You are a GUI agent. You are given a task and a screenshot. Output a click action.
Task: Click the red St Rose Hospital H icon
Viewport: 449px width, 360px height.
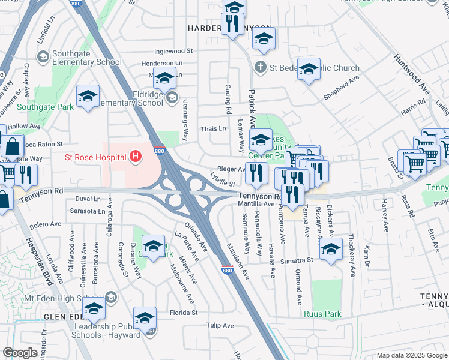click(x=136, y=158)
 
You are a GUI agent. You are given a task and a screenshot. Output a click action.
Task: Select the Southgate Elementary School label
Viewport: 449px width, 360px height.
click(x=87, y=58)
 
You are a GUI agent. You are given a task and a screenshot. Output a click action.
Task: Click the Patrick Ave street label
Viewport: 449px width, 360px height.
click(x=252, y=109)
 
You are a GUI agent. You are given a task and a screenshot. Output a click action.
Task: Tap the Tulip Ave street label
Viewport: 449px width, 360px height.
click(x=220, y=326)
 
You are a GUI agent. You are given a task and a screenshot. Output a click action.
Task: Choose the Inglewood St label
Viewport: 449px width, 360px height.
click(x=173, y=52)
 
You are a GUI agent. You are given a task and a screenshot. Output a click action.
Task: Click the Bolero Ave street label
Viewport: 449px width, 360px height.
click(x=46, y=224)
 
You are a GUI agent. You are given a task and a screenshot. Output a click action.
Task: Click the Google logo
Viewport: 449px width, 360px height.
click(x=20, y=353)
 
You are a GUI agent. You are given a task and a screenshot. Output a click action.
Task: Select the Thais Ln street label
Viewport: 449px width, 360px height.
click(x=213, y=128)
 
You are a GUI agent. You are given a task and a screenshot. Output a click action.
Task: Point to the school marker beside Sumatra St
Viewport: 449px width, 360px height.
click(x=330, y=250)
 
